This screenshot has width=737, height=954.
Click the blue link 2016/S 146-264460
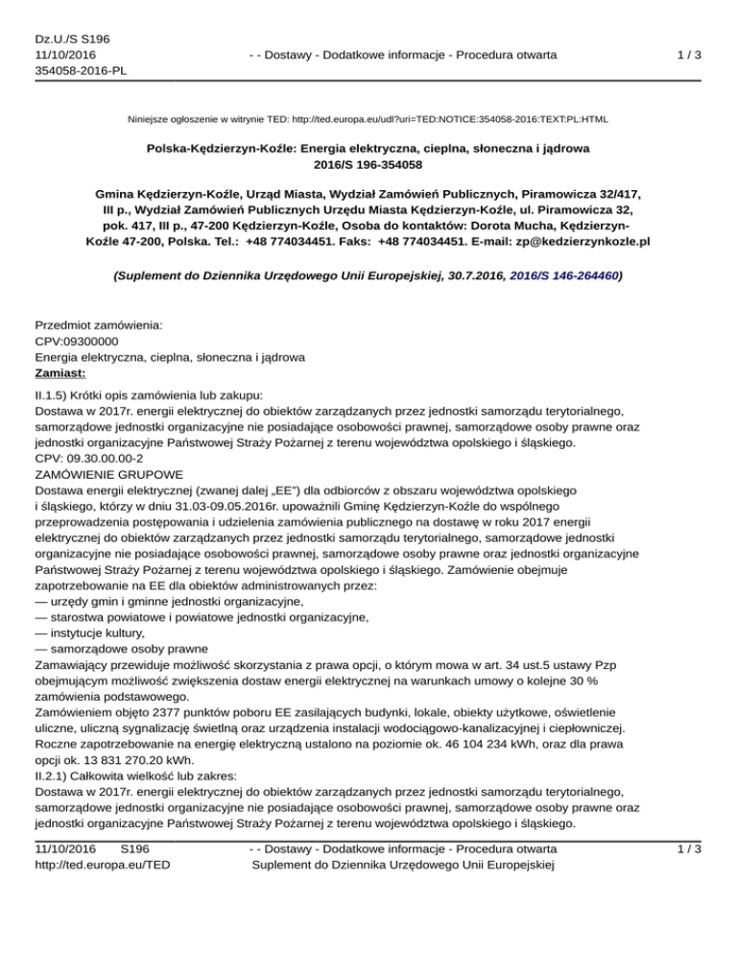(x=558, y=275)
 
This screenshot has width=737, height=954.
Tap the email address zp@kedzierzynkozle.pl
(x=558, y=241)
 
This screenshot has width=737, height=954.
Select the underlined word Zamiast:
(x=60, y=373)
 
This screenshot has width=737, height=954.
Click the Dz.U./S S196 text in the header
(x=63, y=37)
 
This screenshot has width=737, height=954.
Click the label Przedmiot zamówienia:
(x=98, y=324)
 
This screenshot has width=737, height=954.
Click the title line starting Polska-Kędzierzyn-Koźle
(x=368, y=151)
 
